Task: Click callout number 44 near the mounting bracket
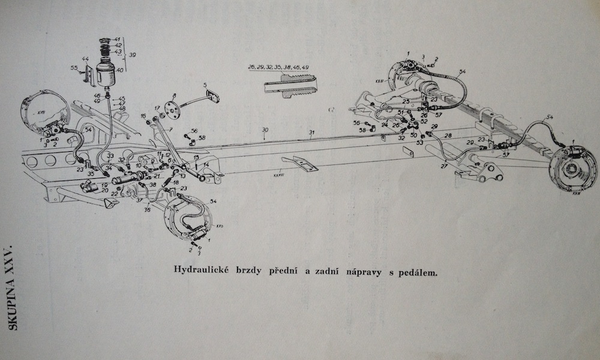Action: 86,59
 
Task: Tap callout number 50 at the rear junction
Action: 413,136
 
